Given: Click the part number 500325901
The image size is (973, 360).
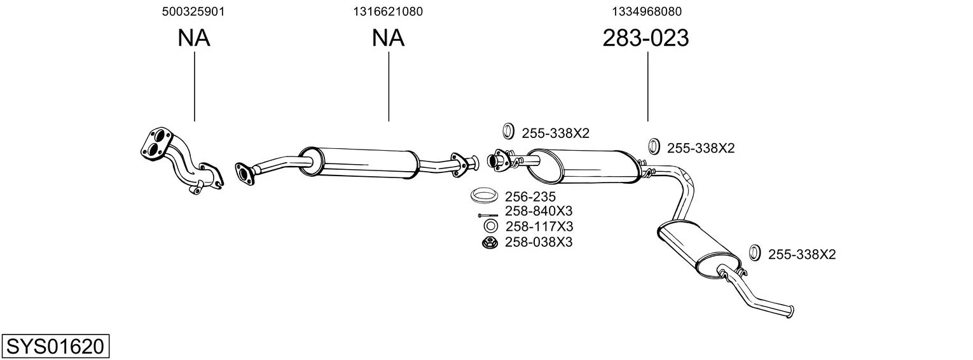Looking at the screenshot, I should coord(193,11).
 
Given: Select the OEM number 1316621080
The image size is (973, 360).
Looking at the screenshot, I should coord(388,11).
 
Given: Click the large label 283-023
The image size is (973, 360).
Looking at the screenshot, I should coord(645,38).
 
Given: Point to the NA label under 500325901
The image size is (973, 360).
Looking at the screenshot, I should coord(193,38).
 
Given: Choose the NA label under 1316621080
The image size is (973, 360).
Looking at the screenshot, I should coord(388,38).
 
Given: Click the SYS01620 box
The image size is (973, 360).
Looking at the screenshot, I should coord(55,347).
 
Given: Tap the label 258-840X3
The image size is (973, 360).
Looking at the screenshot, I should coord(539,211).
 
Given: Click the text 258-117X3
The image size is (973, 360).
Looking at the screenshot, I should coord(539,226).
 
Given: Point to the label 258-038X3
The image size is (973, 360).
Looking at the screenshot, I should coord(539,242).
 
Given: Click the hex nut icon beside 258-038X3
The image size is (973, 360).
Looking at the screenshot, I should coord(490,242).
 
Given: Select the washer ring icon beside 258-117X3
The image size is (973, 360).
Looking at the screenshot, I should coord(490,226).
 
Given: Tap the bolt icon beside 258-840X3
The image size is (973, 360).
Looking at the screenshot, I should coord(488,215).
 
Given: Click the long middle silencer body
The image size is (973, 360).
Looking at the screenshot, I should coord(366,162).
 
